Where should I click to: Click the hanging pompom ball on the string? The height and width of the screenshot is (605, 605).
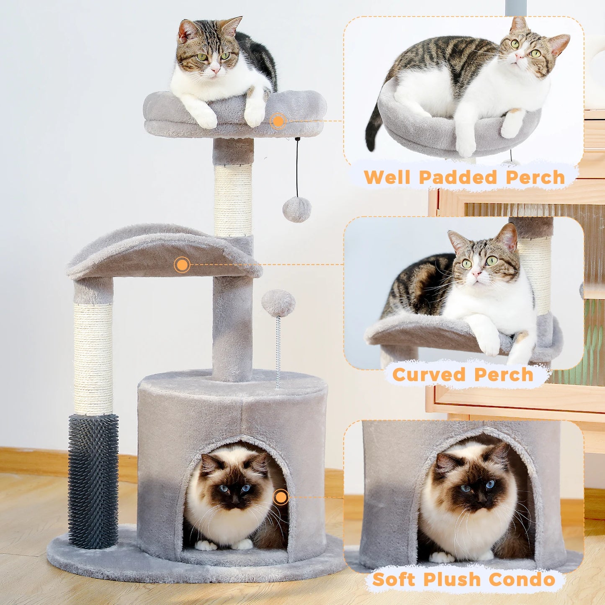(x=296, y=210)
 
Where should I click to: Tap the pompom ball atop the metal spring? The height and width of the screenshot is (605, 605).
(x=278, y=303)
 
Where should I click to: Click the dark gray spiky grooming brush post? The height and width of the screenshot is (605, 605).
(x=93, y=481)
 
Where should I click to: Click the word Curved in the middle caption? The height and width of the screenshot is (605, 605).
(x=429, y=375)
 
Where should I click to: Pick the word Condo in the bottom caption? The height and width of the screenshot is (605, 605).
(x=522, y=579)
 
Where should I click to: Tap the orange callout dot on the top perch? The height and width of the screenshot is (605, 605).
(x=278, y=121)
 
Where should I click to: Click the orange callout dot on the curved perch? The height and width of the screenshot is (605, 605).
(x=182, y=265)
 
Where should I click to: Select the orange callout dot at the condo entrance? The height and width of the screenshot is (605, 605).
(x=281, y=497)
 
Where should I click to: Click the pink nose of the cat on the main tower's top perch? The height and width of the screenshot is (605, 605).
(x=215, y=70)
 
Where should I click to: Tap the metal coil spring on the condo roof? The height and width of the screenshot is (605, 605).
(x=278, y=352)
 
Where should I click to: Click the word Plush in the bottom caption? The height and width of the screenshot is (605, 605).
(x=452, y=579)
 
